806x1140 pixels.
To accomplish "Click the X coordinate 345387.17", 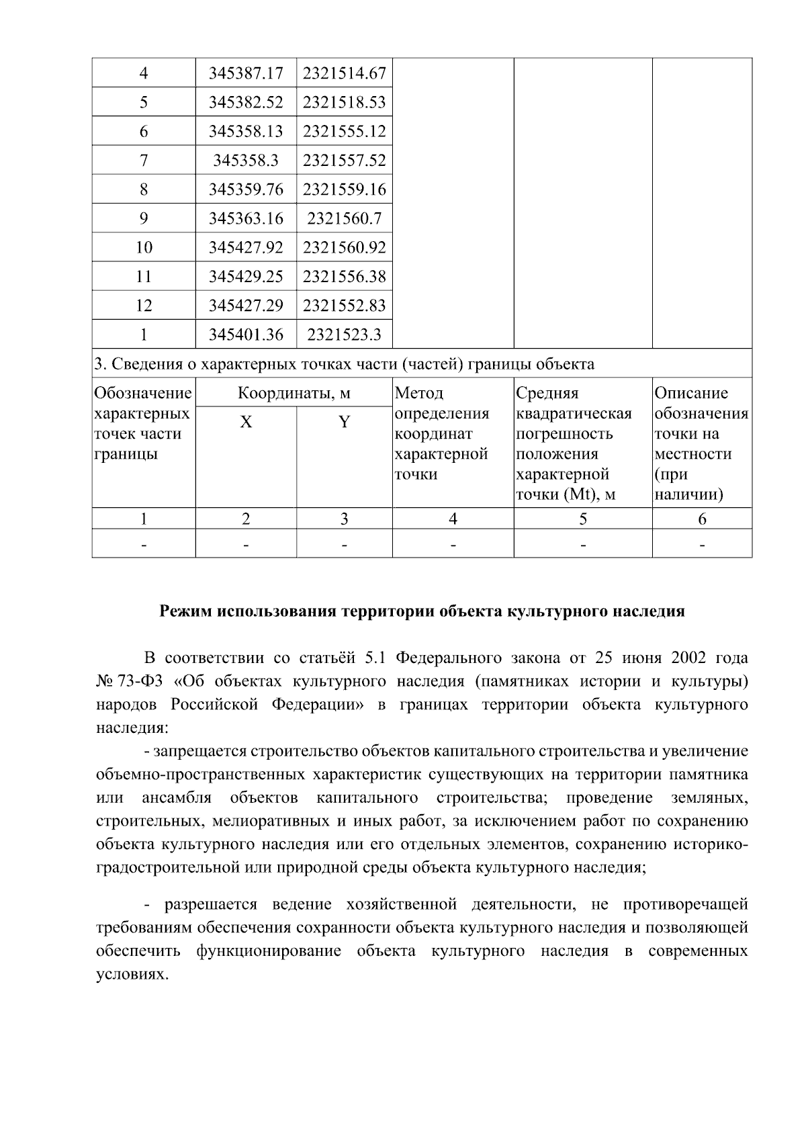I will pos(246,73).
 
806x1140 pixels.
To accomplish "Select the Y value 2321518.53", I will pos(344,102).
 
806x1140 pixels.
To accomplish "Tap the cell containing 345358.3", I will pos(246,161).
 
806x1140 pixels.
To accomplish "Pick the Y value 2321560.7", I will pos(344,218).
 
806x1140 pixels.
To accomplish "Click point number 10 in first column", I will pos(144,247).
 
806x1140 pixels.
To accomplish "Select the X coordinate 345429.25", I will pos(246,276).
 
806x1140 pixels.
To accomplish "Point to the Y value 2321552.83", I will pos(344,306).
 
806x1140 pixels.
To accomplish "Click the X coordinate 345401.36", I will pos(246,335).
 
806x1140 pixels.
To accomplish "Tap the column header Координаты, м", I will pos(294,394).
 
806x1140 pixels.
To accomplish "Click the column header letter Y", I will pos(344,423).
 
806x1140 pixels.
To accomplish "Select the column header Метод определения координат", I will pos(441,433).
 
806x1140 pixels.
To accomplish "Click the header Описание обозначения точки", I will pos(701,443).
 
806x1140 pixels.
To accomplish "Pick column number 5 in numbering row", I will pos(582,519).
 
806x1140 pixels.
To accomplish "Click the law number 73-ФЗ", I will pos(139,681).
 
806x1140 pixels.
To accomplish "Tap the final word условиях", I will pos(130,974).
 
